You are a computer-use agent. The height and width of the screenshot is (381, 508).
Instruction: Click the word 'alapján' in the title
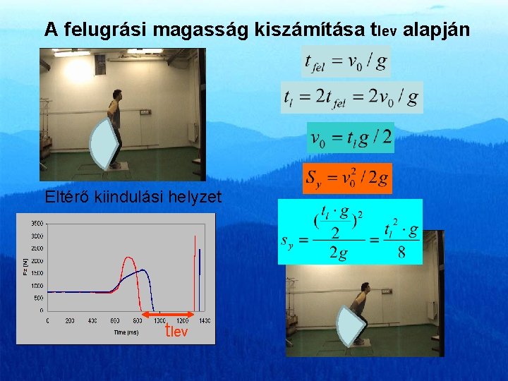click(x=440, y=30)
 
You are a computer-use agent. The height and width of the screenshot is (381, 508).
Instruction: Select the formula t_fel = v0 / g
click(x=346, y=62)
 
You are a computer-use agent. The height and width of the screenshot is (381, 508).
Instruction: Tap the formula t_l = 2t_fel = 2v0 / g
click(x=352, y=97)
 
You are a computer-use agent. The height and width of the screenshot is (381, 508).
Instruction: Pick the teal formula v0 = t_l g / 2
click(x=351, y=136)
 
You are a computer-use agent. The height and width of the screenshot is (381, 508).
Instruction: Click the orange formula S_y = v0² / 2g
click(x=347, y=179)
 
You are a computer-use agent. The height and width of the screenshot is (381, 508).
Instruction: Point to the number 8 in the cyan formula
click(x=401, y=253)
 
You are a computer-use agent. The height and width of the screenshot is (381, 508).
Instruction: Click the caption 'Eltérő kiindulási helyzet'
click(x=133, y=197)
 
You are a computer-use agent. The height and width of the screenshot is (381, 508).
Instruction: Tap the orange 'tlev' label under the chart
click(x=176, y=331)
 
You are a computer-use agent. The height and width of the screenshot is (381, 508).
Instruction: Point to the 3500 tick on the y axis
click(x=36, y=224)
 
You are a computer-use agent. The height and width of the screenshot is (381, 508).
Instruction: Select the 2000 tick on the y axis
click(x=36, y=260)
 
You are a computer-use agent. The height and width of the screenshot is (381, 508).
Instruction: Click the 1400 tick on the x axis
click(x=204, y=321)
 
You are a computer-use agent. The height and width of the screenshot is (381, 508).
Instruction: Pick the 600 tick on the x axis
click(x=115, y=321)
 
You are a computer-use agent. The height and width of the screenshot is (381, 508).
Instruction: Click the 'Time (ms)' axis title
click(x=128, y=331)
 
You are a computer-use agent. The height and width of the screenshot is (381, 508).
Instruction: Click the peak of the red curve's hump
click(x=128, y=258)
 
